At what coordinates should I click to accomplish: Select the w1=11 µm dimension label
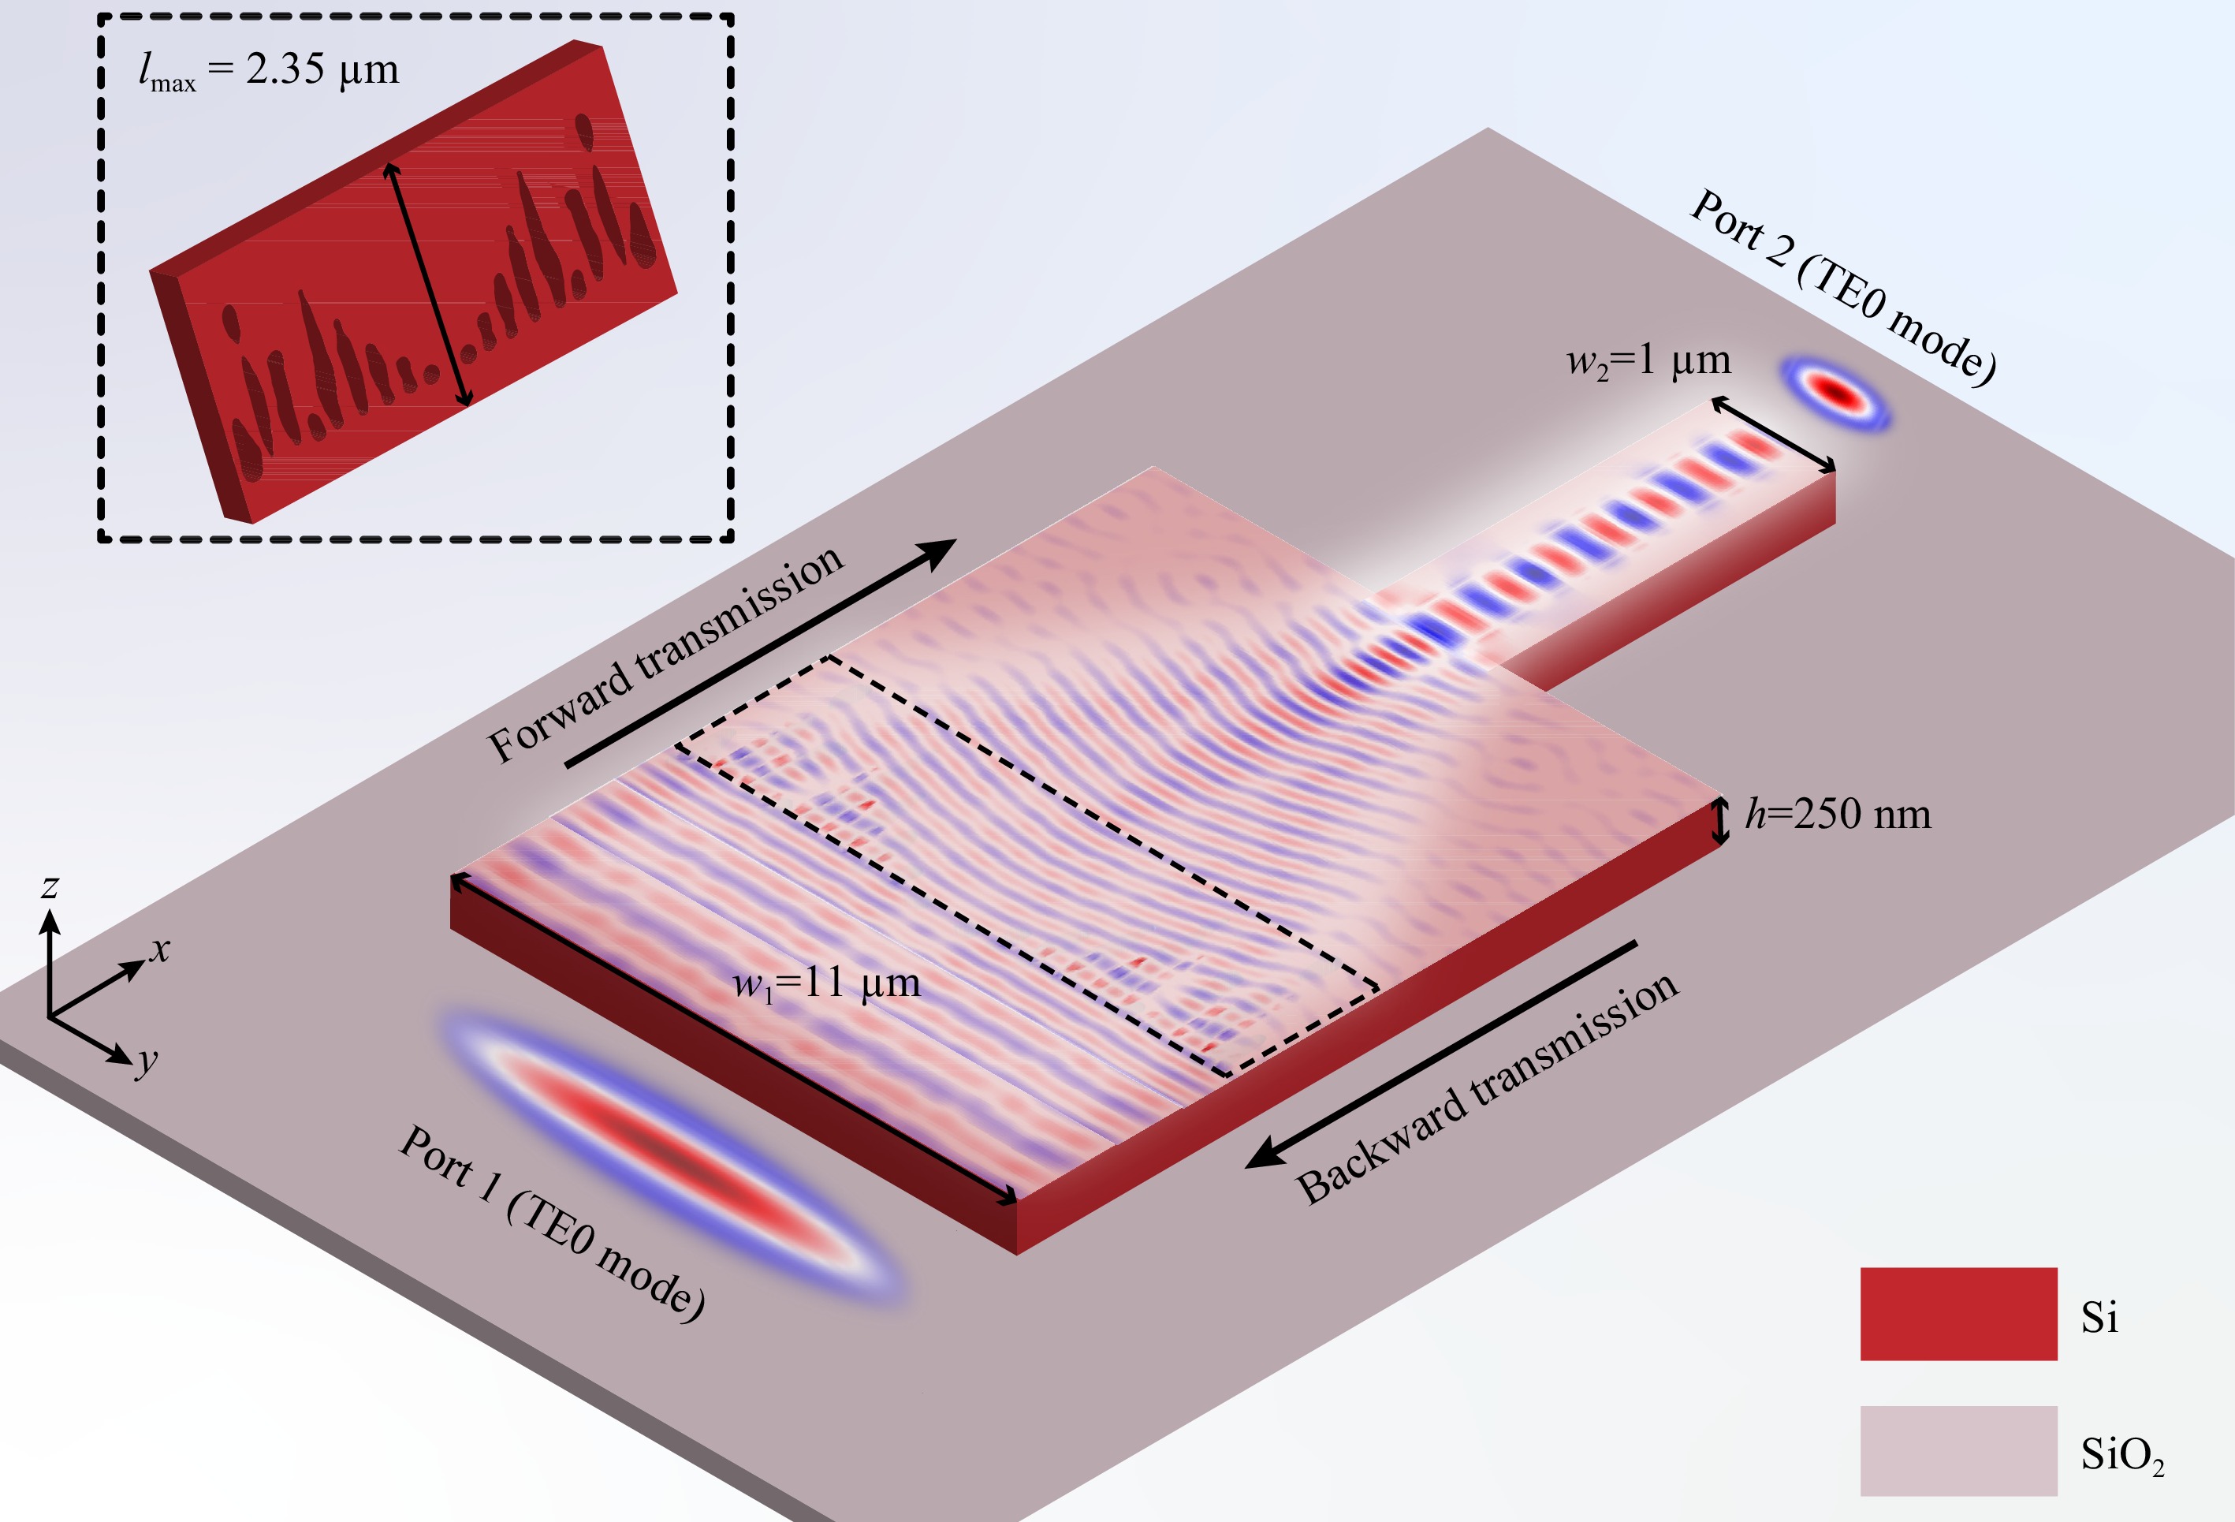[x=826, y=984]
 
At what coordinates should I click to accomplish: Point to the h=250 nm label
[x=1838, y=814]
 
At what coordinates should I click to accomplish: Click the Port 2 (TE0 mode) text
[x=1842, y=287]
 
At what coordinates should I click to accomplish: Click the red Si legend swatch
[x=1958, y=1314]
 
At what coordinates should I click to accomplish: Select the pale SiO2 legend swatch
[x=1958, y=1451]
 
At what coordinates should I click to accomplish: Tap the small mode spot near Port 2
[x=1836, y=393]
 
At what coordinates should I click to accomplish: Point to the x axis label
[x=159, y=949]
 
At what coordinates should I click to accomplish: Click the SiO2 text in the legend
[x=2122, y=1455]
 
